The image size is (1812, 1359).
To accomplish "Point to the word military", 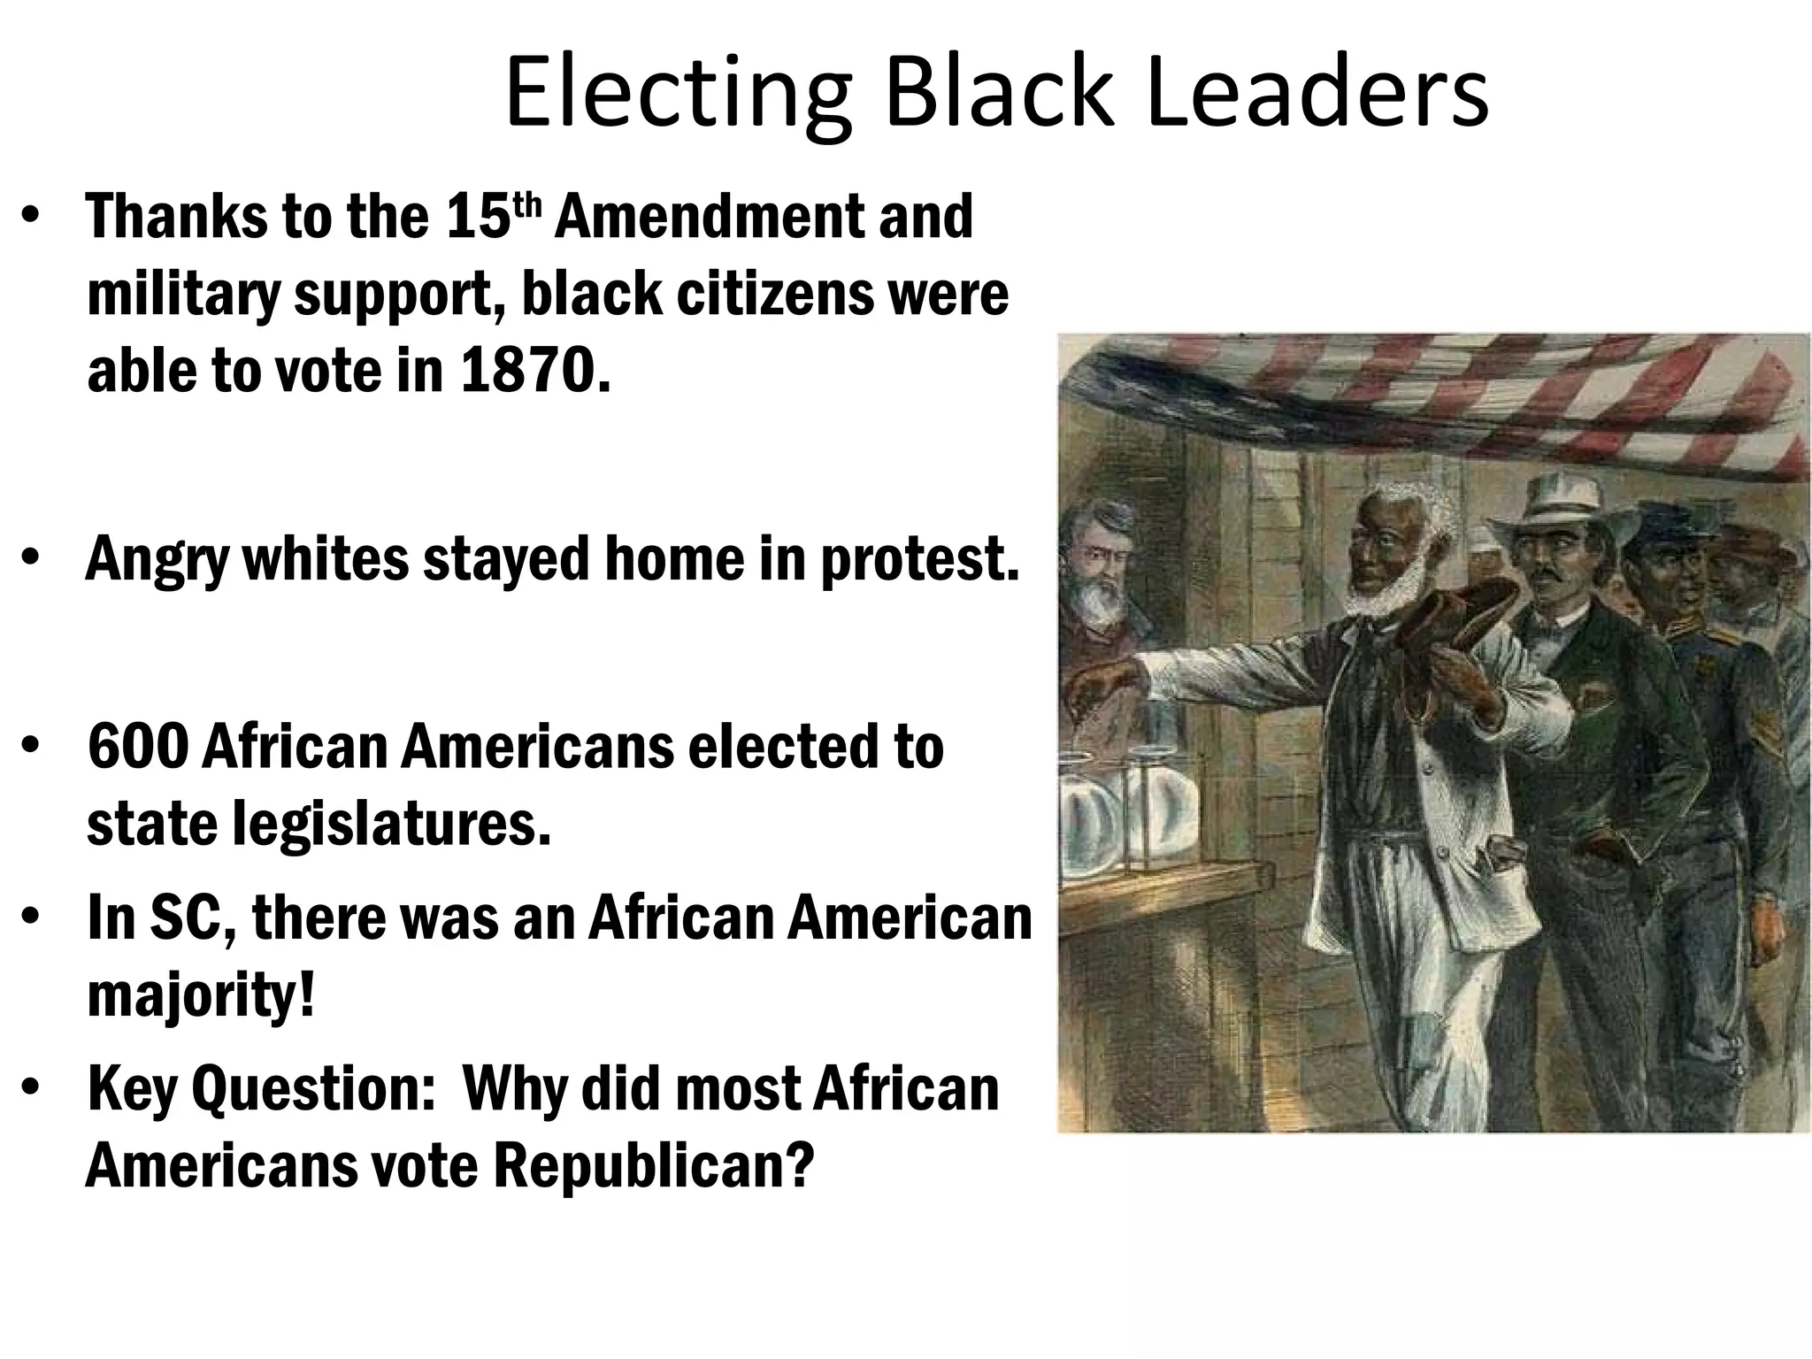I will (182, 294).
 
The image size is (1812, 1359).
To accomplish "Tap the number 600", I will (138, 747).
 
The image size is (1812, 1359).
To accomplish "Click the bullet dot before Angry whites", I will (31, 559).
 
